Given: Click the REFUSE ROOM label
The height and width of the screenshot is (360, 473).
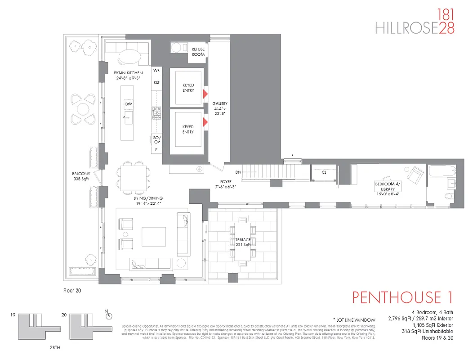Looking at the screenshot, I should [x=198, y=52].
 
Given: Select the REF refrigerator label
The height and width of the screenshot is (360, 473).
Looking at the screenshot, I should [x=156, y=82].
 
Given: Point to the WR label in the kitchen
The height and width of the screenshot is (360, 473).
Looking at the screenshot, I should [x=156, y=71].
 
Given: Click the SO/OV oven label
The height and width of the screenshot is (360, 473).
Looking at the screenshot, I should [x=156, y=139].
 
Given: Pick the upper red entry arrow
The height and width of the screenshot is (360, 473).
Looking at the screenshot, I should [x=205, y=94].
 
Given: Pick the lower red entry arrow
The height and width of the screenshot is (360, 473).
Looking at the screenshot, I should [x=205, y=122].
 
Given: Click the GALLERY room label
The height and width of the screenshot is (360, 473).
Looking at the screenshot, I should [x=220, y=109].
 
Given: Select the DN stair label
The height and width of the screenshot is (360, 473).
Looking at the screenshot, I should [x=239, y=172].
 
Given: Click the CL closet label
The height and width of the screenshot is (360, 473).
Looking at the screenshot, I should [x=324, y=172].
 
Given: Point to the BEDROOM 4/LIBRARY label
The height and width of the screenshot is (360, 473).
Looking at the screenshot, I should [x=387, y=189].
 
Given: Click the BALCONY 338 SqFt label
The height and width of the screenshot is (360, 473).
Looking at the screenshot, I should [x=81, y=176].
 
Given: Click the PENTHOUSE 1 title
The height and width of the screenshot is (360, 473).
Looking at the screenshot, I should [x=402, y=297].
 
